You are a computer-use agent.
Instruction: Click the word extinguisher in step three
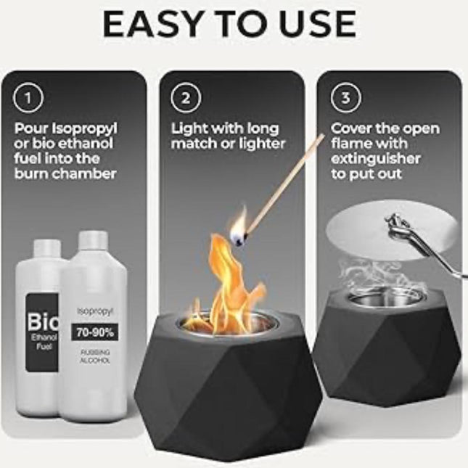tap(375, 159)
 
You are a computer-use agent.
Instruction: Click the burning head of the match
tap(238, 234)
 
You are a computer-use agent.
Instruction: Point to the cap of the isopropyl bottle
tap(94, 239)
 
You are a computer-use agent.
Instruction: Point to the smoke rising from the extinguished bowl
tap(377, 272)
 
